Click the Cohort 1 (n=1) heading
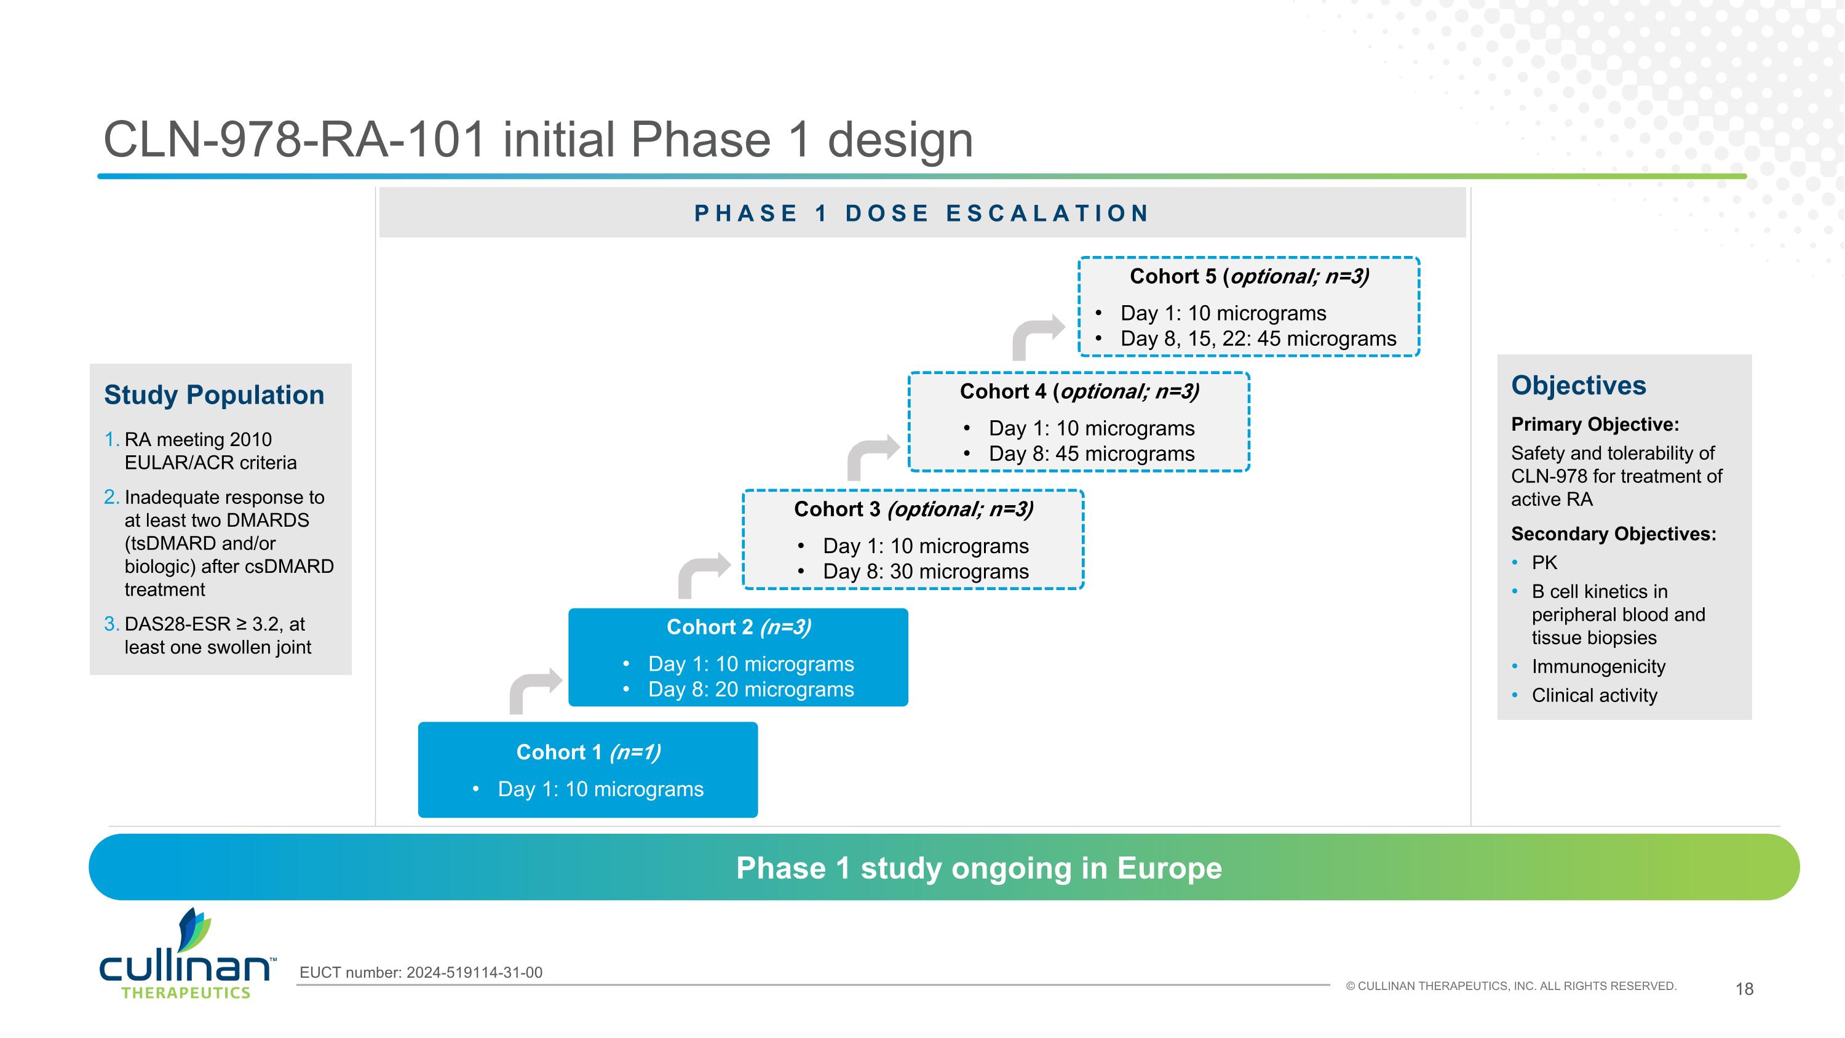coord(588,752)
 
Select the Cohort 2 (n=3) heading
coord(739,627)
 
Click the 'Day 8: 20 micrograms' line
coord(750,689)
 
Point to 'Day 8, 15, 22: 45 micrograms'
coord(1258,339)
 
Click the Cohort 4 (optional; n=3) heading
coord(1079,391)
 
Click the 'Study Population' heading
coord(213,395)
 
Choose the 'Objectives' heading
coord(1578,385)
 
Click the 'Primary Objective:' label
coord(1594,424)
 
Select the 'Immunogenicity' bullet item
coord(1598,666)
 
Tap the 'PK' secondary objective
coord(1544,562)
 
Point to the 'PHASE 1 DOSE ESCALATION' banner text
coord(922,213)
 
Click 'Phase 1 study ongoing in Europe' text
coord(978,868)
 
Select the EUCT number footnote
coord(421,972)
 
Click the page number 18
coord(1744,989)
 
